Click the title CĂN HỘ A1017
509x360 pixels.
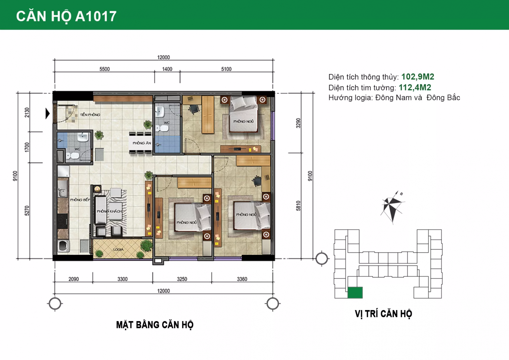pos(66,16)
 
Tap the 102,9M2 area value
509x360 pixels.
pos(417,77)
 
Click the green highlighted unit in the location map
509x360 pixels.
pos(355,293)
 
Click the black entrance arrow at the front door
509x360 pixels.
pos(48,113)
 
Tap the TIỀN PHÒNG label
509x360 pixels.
pos(90,115)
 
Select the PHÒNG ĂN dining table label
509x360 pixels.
pos(142,143)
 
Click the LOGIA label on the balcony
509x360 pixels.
pos(118,249)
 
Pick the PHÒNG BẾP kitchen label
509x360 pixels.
pos(80,200)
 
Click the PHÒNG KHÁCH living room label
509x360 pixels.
pos(109,211)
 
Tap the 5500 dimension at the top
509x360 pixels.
pos(104,69)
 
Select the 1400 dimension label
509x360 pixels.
pos(167,69)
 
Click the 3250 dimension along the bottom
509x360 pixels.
pos(182,279)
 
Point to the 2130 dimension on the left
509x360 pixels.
pos(27,112)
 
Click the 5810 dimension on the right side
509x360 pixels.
pos(298,206)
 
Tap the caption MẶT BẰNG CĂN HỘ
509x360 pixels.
pos(155,325)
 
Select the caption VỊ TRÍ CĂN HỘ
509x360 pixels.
pos(383,314)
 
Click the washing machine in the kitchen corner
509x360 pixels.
pos(63,246)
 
